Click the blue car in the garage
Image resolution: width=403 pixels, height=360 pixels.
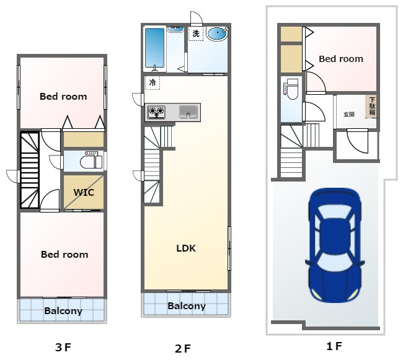click(x=335, y=245)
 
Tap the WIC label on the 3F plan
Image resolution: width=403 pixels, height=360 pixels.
click(x=84, y=192)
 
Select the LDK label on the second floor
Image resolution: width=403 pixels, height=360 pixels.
click(x=186, y=248)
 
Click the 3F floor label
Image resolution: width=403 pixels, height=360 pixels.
click(x=63, y=348)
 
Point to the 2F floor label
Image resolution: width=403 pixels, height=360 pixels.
click(x=183, y=348)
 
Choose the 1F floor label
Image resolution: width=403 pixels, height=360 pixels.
click(x=334, y=346)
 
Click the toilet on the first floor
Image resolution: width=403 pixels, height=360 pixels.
click(x=291, y=89)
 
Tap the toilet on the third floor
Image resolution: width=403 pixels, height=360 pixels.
click(x=91, y=160)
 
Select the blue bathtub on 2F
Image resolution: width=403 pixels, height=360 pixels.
click(x=155, y=48)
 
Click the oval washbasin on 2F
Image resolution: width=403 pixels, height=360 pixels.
click(x=218, y=33)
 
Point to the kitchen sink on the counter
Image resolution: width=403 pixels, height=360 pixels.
click(x=188, y=112)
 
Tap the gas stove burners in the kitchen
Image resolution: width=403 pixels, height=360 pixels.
click(x=156, y=112)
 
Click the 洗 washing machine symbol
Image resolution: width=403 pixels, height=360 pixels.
click(x=196, y=33)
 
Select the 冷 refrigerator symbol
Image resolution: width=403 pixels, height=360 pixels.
click(x=153, y=82)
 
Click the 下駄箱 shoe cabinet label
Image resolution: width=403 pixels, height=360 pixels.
click(x=372, y=106)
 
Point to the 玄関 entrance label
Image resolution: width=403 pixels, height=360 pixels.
click(x=349, y=114)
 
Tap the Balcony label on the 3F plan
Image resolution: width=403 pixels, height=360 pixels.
click(x=63, y=311)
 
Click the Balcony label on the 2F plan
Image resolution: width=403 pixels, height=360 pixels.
click(x=187, y=306)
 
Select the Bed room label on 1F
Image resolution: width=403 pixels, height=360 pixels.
click(x=341, y=59)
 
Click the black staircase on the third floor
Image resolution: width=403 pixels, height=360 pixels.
click(x=30, y=170)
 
